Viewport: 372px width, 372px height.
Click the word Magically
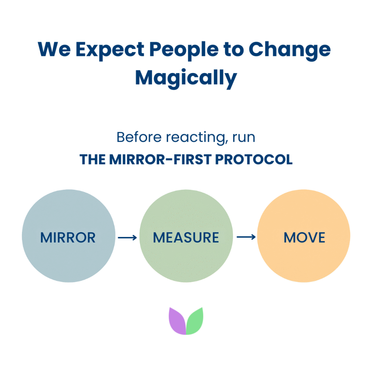click(x=186, y=77)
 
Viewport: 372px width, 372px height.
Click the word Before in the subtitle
click(x=139, y=138)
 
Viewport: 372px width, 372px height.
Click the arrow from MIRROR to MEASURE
click(x=127, y=238)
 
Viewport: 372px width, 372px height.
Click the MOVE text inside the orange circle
click(x=304, y=238)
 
